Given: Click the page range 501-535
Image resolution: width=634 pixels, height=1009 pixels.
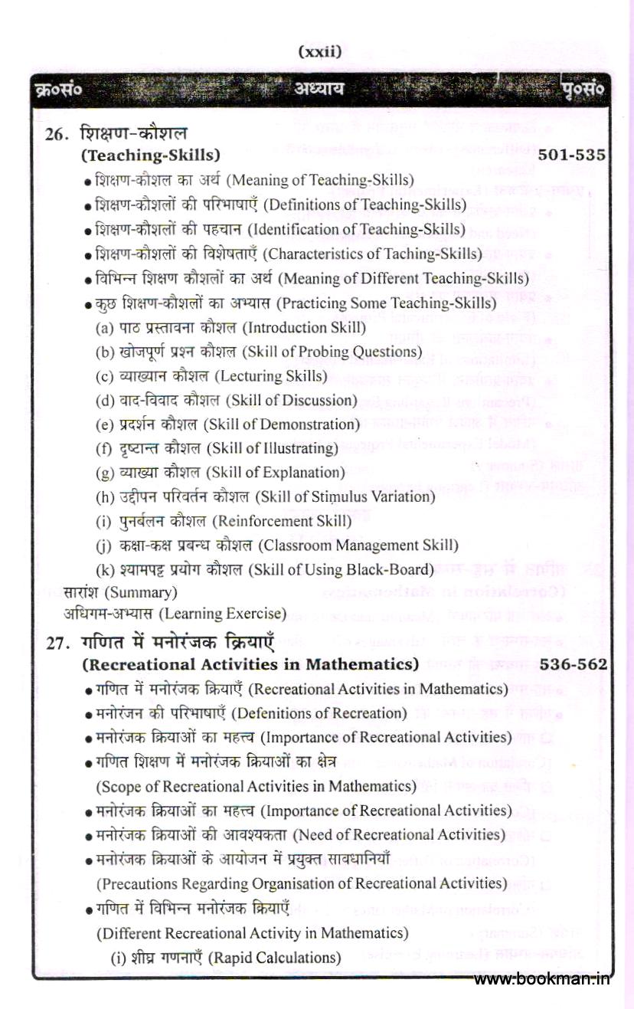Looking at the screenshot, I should (572, 156).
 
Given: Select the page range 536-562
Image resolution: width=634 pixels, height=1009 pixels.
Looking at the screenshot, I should (574, 664).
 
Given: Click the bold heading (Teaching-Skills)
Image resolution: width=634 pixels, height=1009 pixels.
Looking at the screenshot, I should (151, 156).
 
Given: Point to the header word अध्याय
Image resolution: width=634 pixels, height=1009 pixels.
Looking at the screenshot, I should (319, 89).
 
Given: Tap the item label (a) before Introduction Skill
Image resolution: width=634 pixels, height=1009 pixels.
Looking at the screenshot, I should (104, 327).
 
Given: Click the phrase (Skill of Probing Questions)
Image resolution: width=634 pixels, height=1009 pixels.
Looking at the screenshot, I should (338, 352).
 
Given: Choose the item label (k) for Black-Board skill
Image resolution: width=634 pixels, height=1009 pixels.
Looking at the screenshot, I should (104, 570).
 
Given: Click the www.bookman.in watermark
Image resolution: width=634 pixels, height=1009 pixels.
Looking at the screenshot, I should (542, 980).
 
